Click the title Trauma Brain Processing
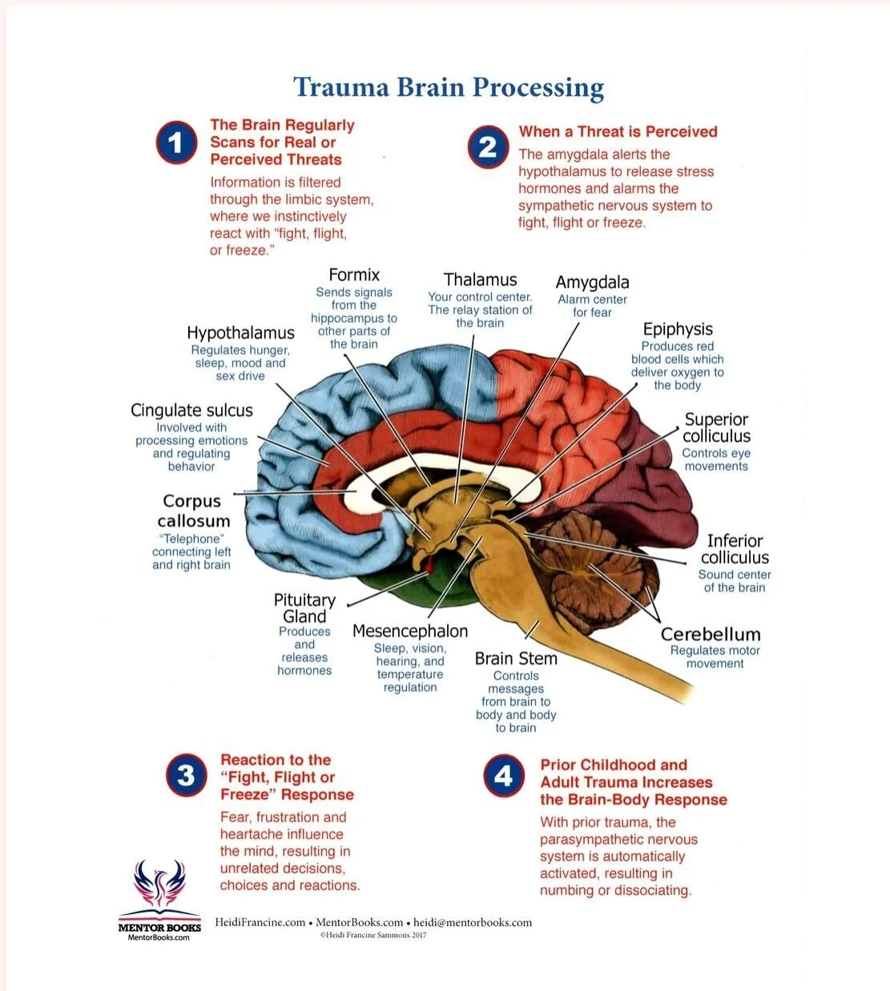pyautogui.click(x=448, y=87)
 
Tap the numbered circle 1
pyautogui.click(x=176, y=143)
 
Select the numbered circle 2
pyautogui.click(x=488, y=147)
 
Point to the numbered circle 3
pyautogui.click(x=187, y=775)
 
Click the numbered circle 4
pyautogui.click(x=504, y=776)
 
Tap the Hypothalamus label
pyautogui.click(x=240, y=333)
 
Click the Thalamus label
pyautogui.click(x=480, y=280)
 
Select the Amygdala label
pyautogui.click(x=592, y=283)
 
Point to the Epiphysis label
pyautogui.click(x=677, y=329)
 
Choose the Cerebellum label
pyautogui.click(x=710, y=634)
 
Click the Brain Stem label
pyautogui.click(x=515, y=659)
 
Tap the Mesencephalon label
pyautogui.click(x=410, y=632)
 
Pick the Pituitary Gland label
pyautogui.click(x=304, y=608)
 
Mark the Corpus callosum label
pyautogui.click(x=192, y=511)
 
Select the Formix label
pyautogui.click(x=354, y=275)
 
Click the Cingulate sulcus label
pyautogui.click(x=191, y=411)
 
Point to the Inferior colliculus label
pyautogui.click(x=735, y=549)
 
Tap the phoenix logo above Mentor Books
pyautogui.click(x=159, y=889)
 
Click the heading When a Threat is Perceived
pyautogui.click(x=618, y=132)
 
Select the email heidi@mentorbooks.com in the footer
pyautogui.click(x=473, y=922)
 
